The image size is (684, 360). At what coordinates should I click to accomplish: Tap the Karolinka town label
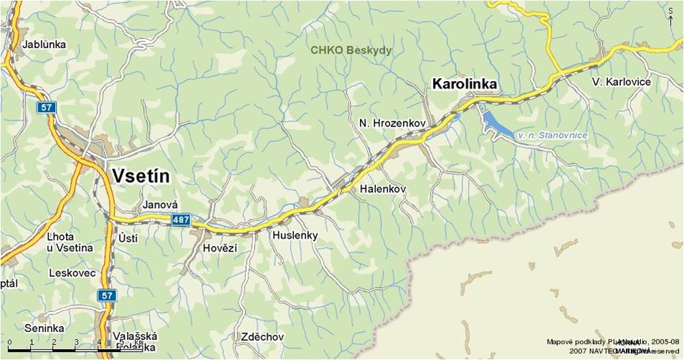point(465,85)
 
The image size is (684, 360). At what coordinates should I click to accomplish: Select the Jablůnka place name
point(44,44)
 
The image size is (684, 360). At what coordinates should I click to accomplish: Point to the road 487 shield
point(181,222)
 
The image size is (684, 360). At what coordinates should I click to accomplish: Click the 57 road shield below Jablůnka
point(46,107)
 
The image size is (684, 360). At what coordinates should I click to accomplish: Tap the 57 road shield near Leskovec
point(106,295)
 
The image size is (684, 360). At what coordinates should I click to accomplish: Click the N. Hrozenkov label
point(392,124)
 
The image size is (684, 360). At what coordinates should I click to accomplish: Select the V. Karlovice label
point(622,82)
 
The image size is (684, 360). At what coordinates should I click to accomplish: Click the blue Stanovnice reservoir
point(499,125)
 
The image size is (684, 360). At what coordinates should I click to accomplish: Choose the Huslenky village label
point(295,235)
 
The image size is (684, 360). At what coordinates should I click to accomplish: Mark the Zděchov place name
point(262,336)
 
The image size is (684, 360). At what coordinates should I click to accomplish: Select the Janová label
point(160,204)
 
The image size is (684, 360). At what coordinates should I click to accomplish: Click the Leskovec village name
point(72,273)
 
